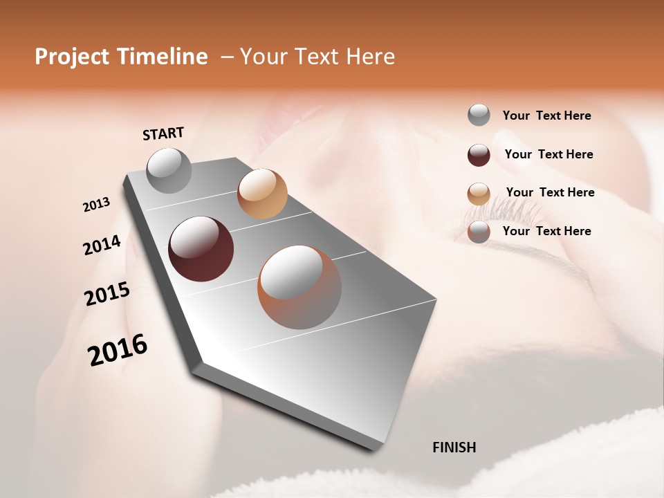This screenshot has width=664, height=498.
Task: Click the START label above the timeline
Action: pos(163,133)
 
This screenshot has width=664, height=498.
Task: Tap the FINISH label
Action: pos(454,448)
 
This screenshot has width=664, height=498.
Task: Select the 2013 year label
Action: pos(96,205)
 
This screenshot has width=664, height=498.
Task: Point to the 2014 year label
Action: pos(102,245)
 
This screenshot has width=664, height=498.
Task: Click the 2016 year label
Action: pos(118,350)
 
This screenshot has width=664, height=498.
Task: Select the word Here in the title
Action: pos(370,57)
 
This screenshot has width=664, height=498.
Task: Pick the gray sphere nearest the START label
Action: pos(169,170)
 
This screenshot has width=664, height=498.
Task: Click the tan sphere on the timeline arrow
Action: pos(262,194)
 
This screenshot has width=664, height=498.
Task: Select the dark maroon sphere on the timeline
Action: pos(201,249)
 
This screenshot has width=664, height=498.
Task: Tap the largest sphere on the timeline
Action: pos(299,287)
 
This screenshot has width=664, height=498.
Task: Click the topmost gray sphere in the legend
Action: pos(479,116)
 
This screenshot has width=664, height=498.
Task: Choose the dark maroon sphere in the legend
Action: pos(479,155)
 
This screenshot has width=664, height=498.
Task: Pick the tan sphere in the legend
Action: pos(479,194)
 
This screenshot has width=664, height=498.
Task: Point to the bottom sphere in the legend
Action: pos(479,232)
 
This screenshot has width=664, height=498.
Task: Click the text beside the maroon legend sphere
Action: pos(548,154)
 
